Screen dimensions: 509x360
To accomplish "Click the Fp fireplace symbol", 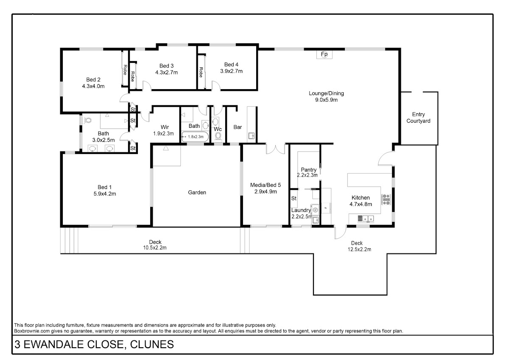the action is pyautogui.click(x=324, y=54).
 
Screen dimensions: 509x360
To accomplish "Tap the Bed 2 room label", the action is pyautogui.click(x=93, y=79).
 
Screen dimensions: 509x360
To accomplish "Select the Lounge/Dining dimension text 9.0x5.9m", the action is pyautogui.click(x=326, y=100).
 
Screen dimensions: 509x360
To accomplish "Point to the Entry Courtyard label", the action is pyautogui.click(x=418, y=118).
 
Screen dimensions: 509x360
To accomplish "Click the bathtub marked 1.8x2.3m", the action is pyautogui.click(x=195, y=137).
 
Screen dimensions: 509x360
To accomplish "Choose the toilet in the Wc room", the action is pyautogui.click(x=218, y=136).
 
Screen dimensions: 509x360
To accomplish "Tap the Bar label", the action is pyautogui.click(x=238, y=127).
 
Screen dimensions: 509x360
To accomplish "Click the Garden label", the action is pyautogui.click(x=197, y=192).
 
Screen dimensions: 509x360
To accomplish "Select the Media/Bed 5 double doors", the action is pyautogui.click(x=275, y=149).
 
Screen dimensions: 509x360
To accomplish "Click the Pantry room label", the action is pyautogui.click(x=309, y=170).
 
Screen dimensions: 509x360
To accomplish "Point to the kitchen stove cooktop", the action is pyautogui.click(x=386, y=200).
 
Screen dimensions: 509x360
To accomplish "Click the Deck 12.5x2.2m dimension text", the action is pyautogui.click(x=359, y=250).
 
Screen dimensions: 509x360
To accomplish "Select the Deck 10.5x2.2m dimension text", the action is pyautogui.click(x=155, y=247).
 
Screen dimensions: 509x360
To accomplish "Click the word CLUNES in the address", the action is pyautogui.click(x=152, y=344).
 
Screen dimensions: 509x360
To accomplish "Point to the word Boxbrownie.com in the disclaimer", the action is pyautogui.click(x=32, y=331).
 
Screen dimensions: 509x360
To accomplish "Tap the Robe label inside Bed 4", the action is pyautogui.click(x=201, y=72).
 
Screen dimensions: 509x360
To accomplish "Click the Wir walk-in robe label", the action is pyautogui.click(x=165, y=127).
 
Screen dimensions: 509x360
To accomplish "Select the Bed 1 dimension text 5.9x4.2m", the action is pyautogui.click(x=105, y=194).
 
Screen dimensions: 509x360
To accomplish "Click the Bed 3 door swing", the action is pyautogui.click(x=147, y=85).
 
